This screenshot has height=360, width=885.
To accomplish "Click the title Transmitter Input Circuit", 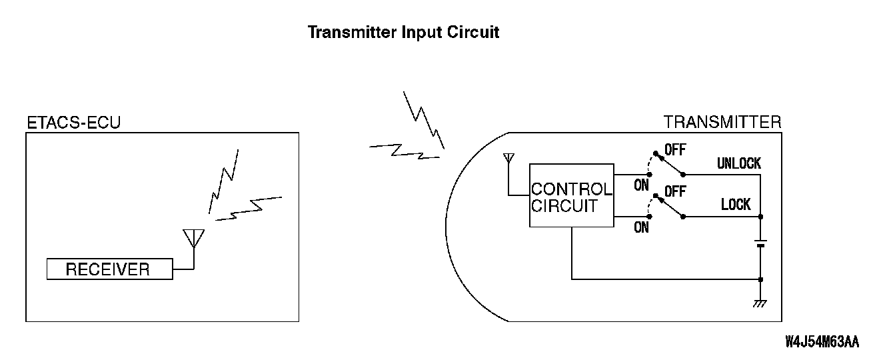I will pos(403,32).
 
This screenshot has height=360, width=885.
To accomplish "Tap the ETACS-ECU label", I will pos(73,123).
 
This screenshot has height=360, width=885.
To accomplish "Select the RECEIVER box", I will pos(109,269).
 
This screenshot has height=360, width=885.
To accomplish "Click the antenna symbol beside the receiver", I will pos(193,239).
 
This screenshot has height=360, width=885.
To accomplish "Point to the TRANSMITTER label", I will pos(722,122).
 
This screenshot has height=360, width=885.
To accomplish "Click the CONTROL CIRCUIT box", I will pos(571,196).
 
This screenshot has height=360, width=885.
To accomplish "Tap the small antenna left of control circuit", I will pos(509,160).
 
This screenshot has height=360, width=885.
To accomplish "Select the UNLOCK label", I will pos(738,163).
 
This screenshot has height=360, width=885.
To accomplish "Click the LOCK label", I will pos(736,205).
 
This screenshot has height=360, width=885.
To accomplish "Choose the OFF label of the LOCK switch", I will pos(674,191).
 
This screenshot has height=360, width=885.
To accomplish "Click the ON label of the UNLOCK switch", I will pos(641,185).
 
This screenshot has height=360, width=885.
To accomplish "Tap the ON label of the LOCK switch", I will pos(641,227).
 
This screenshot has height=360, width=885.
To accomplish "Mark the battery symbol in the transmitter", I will pos(761,243).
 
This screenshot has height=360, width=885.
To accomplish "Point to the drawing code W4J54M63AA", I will pos(822,342).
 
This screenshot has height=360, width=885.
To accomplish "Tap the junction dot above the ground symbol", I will pos(761,279).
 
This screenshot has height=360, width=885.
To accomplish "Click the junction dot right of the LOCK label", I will pos(761,217).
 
